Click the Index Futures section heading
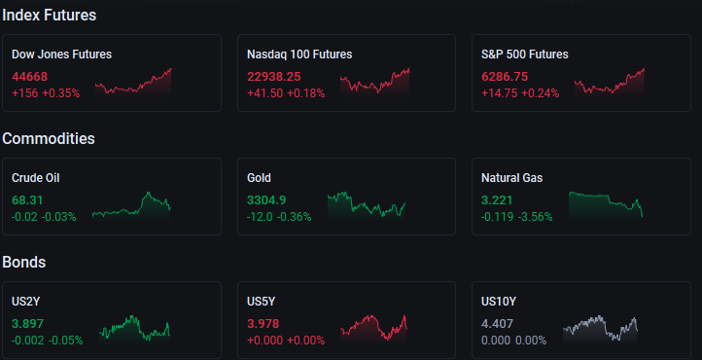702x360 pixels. (50, 16)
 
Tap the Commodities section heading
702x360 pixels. (49, 139)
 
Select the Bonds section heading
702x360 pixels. (24, 263)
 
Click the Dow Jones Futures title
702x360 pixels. (62, 54)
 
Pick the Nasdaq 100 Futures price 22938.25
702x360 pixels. (274, 77)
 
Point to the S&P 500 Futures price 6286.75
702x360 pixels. (505, 77)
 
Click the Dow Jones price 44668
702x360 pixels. (29, 77)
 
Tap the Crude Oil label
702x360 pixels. (35, 178)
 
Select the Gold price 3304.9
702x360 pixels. (266, 200)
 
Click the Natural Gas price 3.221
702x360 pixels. (497, 200)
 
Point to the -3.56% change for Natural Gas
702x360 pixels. (536, 217)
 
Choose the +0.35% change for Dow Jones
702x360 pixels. (61, 93)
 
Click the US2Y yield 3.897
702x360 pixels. (28, 324)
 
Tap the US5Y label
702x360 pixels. (261, 302)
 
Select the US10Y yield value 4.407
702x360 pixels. (498, 324)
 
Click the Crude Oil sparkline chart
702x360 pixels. (131, 206)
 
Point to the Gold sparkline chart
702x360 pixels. (367, 206)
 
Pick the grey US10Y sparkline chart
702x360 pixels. (600, 330)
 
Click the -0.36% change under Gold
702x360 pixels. (295, 217)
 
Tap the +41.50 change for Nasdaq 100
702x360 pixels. (265, 93)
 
